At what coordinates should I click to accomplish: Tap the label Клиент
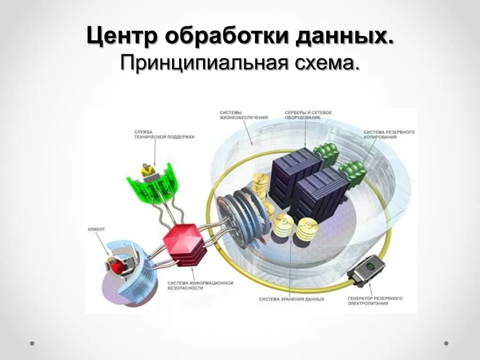point(96,229)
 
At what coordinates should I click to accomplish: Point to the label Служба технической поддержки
point(164,134)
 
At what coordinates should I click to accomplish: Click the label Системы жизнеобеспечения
point(244,115)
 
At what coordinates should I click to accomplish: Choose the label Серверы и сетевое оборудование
point(308,115)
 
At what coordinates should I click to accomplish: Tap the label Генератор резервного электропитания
point(375,301)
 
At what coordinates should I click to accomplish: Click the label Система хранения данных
point(292,299)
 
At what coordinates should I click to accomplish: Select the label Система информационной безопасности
point(200,285)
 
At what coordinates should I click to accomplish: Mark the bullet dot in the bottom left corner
point(32,343)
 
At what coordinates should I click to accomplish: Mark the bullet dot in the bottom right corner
point(446,343)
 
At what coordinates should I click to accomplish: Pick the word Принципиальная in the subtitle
point(203,63)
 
